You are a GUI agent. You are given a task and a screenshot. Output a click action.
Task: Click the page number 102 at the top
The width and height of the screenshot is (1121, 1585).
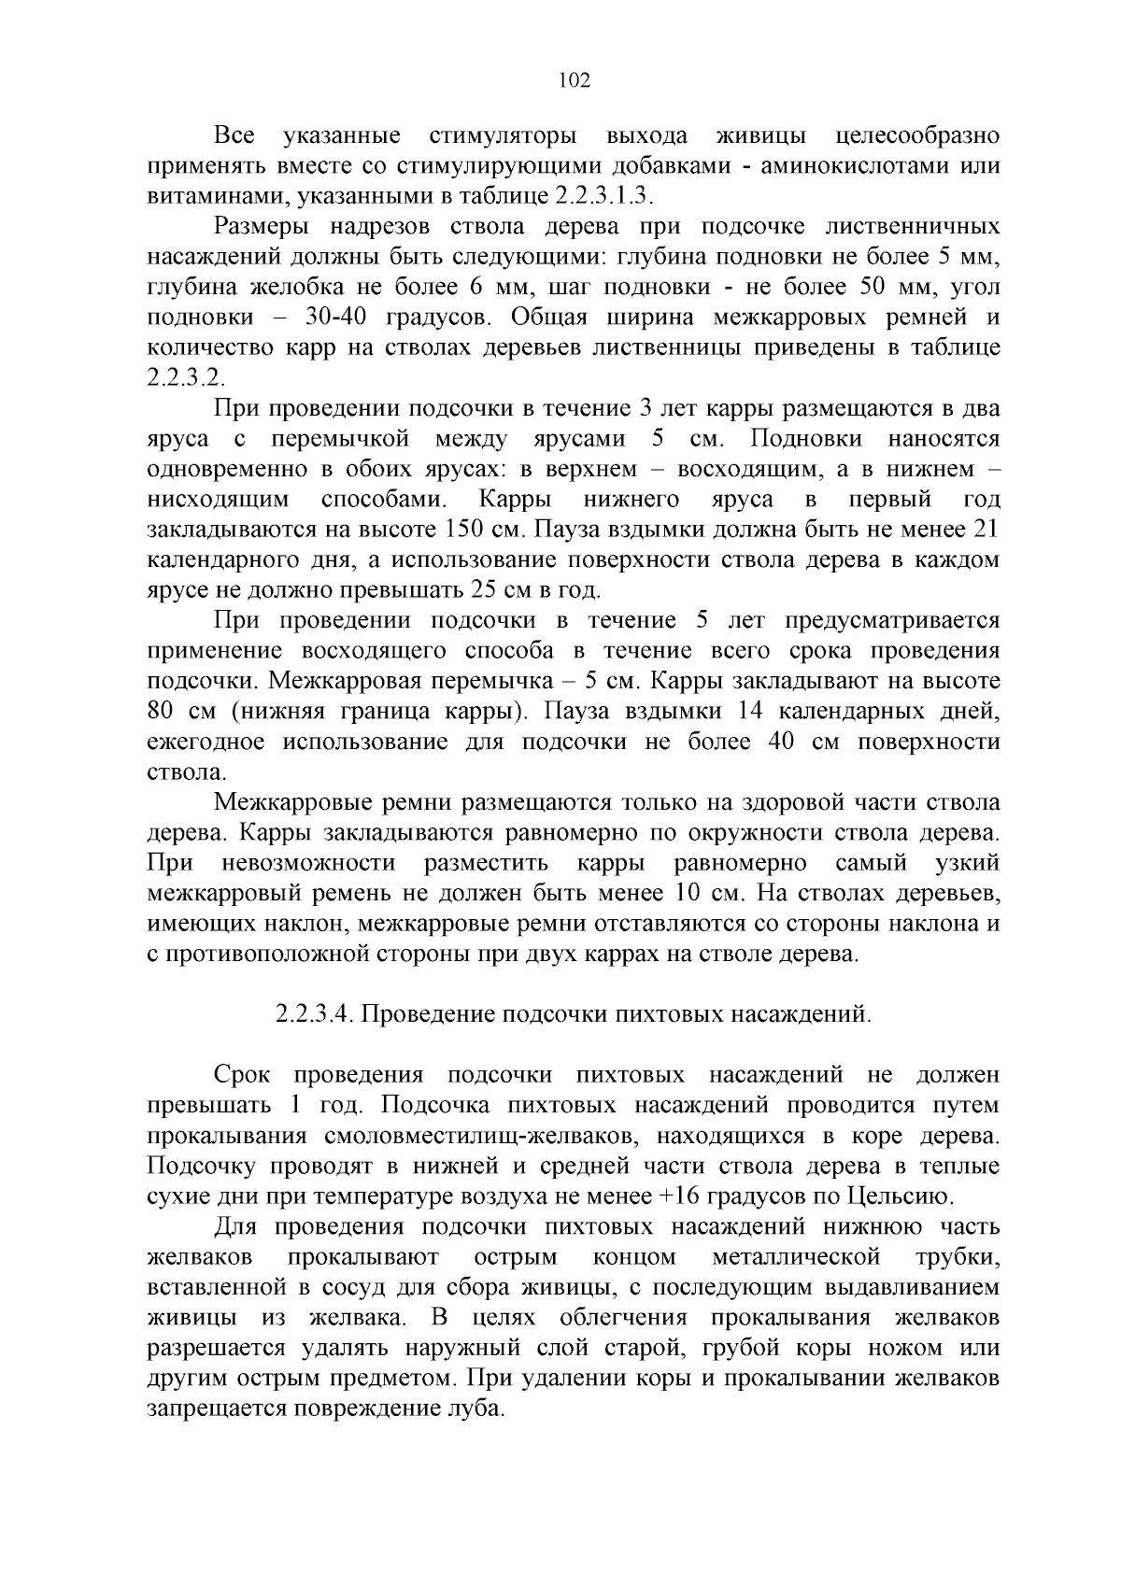pyautogui.click(x=574, y=81)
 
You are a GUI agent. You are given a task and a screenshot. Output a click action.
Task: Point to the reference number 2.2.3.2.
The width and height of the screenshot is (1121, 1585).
pyautogui.click(x=186, y=378)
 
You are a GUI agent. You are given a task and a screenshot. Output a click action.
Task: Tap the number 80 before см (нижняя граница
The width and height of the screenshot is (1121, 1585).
pyautogui.click(x=163, y=712)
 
